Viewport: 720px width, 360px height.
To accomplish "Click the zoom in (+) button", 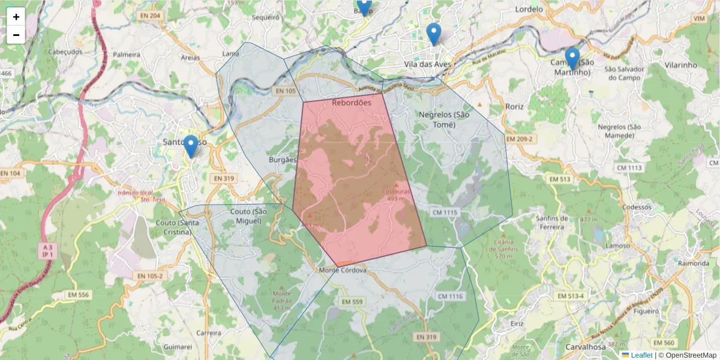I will pos(16,17).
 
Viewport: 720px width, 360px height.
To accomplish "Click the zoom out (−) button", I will pos(16,35).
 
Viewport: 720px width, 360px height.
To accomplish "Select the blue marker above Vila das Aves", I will pos(433,34).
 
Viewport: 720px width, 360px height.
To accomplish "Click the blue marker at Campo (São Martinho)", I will pos(572,59).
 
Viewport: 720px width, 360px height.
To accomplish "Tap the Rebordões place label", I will pos(352,103).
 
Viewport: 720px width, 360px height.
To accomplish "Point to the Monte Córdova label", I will pos(343,270).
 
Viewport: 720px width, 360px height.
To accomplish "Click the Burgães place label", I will pos(283,160).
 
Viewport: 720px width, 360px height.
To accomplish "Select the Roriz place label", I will pos(514,106).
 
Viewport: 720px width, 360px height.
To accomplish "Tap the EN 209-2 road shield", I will pos(520,139).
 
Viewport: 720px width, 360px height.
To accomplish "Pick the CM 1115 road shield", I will pos(444,212).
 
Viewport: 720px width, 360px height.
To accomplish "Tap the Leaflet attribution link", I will pos(641,355).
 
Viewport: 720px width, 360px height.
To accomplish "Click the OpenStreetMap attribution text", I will pos(691,355).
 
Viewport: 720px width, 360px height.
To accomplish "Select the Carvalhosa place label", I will pos(586,347).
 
